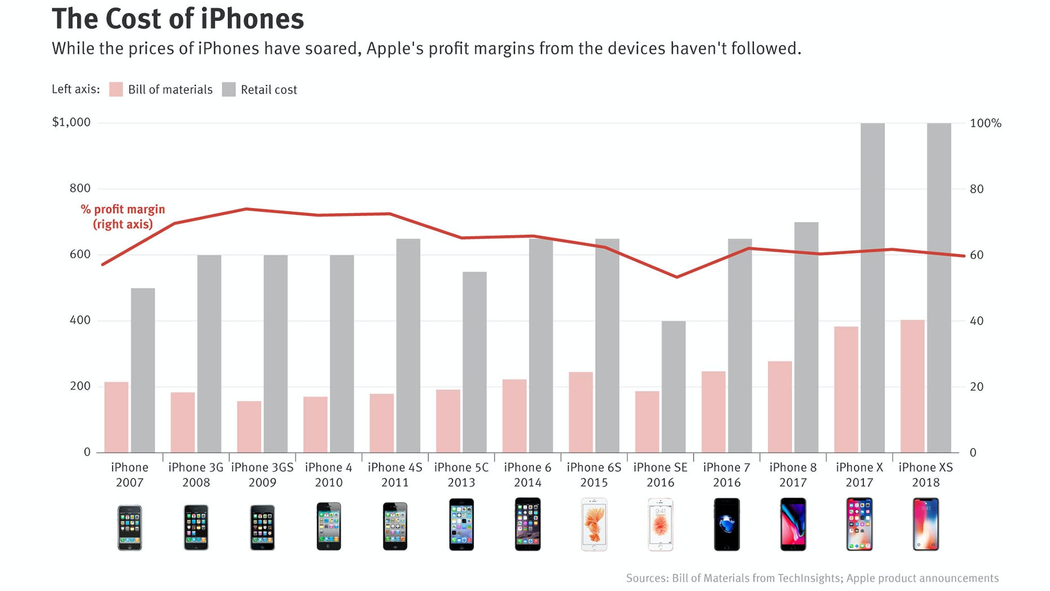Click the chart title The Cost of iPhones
tap(177, 19)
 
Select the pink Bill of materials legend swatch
tap(116, 89)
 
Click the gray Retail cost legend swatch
tap(229, 89)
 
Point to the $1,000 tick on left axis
tap(71, 123)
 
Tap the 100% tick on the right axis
tap(985, 123)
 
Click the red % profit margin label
tap(123, 216)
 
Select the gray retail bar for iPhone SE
tap(673, 386)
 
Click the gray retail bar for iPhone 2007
tap(143, 370)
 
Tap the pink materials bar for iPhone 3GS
tap(249, 427)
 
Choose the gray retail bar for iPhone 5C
tap(475, 362)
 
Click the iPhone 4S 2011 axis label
tap(395, 475)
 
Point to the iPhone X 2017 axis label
tap(859, 475)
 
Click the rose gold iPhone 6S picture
tap(594, 524)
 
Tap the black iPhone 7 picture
tap(727, 524)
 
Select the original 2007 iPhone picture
tap(130, 527)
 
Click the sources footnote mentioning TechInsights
tap(812, 578)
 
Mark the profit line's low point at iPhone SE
tap(677, 277)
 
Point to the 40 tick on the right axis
tap(976, 321)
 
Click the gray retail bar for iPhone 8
tap(806, 337)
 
